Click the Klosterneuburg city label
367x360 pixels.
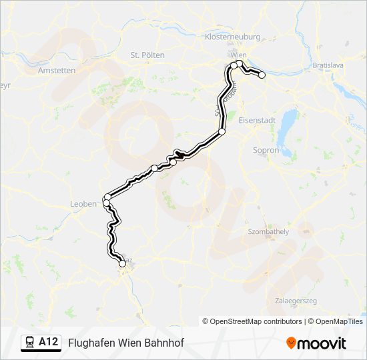(234, 37)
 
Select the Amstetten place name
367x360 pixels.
(56, 70)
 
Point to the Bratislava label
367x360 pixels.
(328, 66)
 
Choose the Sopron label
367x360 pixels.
(266, 151)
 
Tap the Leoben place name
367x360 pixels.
(83, 204)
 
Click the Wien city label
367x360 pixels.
(238, 54)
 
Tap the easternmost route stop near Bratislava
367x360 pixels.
(262, 75)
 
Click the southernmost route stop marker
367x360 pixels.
(122, 264)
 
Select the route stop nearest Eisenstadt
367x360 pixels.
(222, 132)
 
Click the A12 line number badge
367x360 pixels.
(48, 342)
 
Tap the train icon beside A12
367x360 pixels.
(30, 342)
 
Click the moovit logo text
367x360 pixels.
(322, 343)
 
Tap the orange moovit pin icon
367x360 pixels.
(291, 343)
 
